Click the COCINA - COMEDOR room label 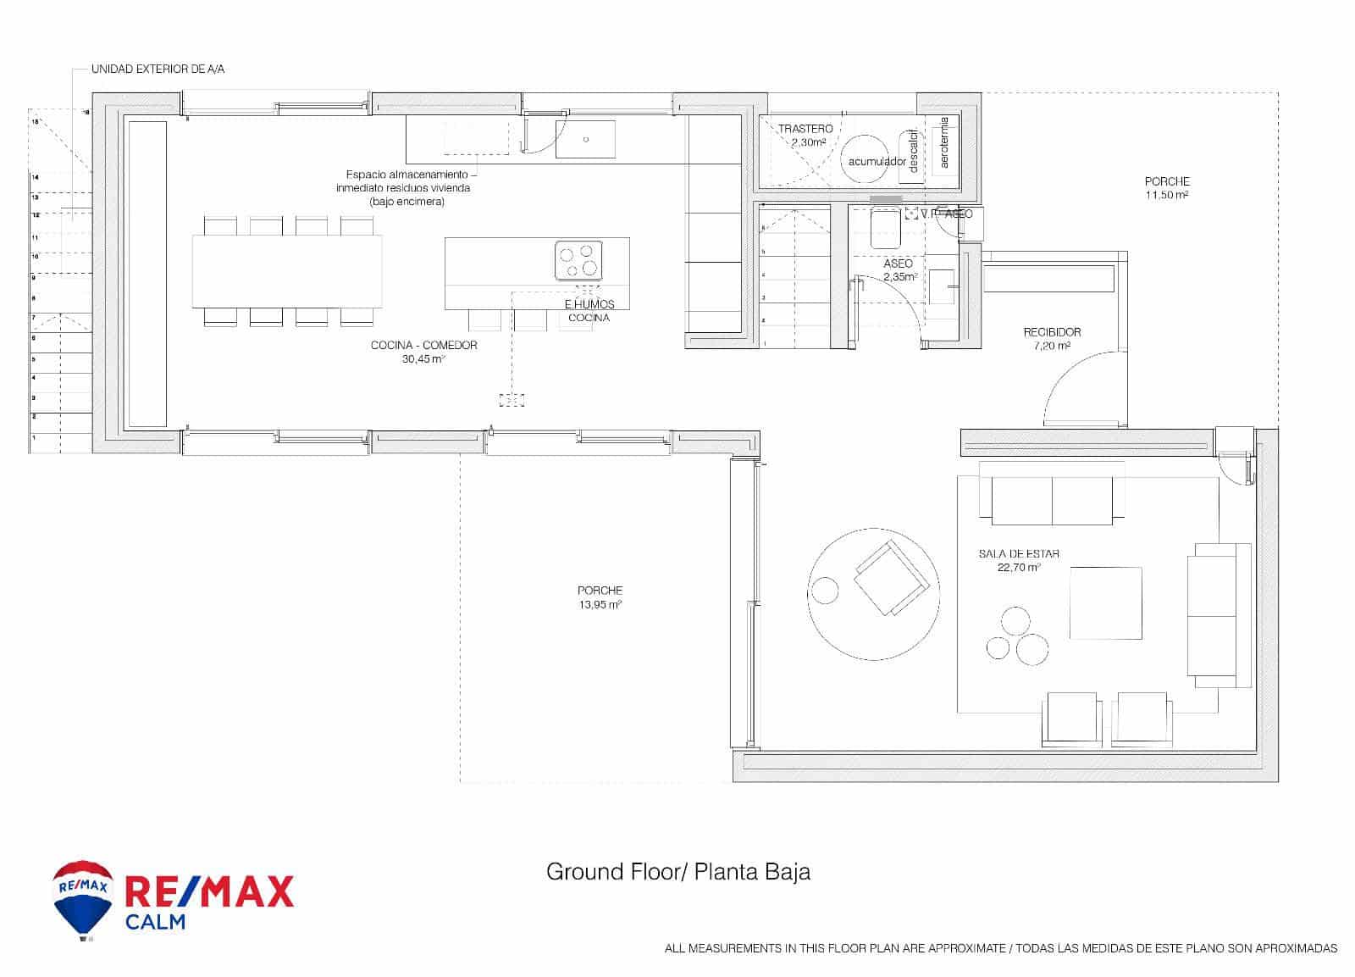tap(423, 346)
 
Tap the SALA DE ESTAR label tap(1019, 554)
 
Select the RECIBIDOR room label tap(1052, 332)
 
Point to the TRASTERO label tap(805, 129)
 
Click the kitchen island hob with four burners tap(578, 260)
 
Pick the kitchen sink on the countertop tap(585, 140)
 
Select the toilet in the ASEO tap(885, 228)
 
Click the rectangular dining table tap(286, 271)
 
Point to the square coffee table tap(1105, 603)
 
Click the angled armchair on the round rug tap(888, 579)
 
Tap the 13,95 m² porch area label tap(600, 597)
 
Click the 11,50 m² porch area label tap(1166, 188)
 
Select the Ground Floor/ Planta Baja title tap(677, 872)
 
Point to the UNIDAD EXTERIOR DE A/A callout tap(158, 69)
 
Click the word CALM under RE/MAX tap(155, 921)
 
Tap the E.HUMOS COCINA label tap(589, 311)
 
